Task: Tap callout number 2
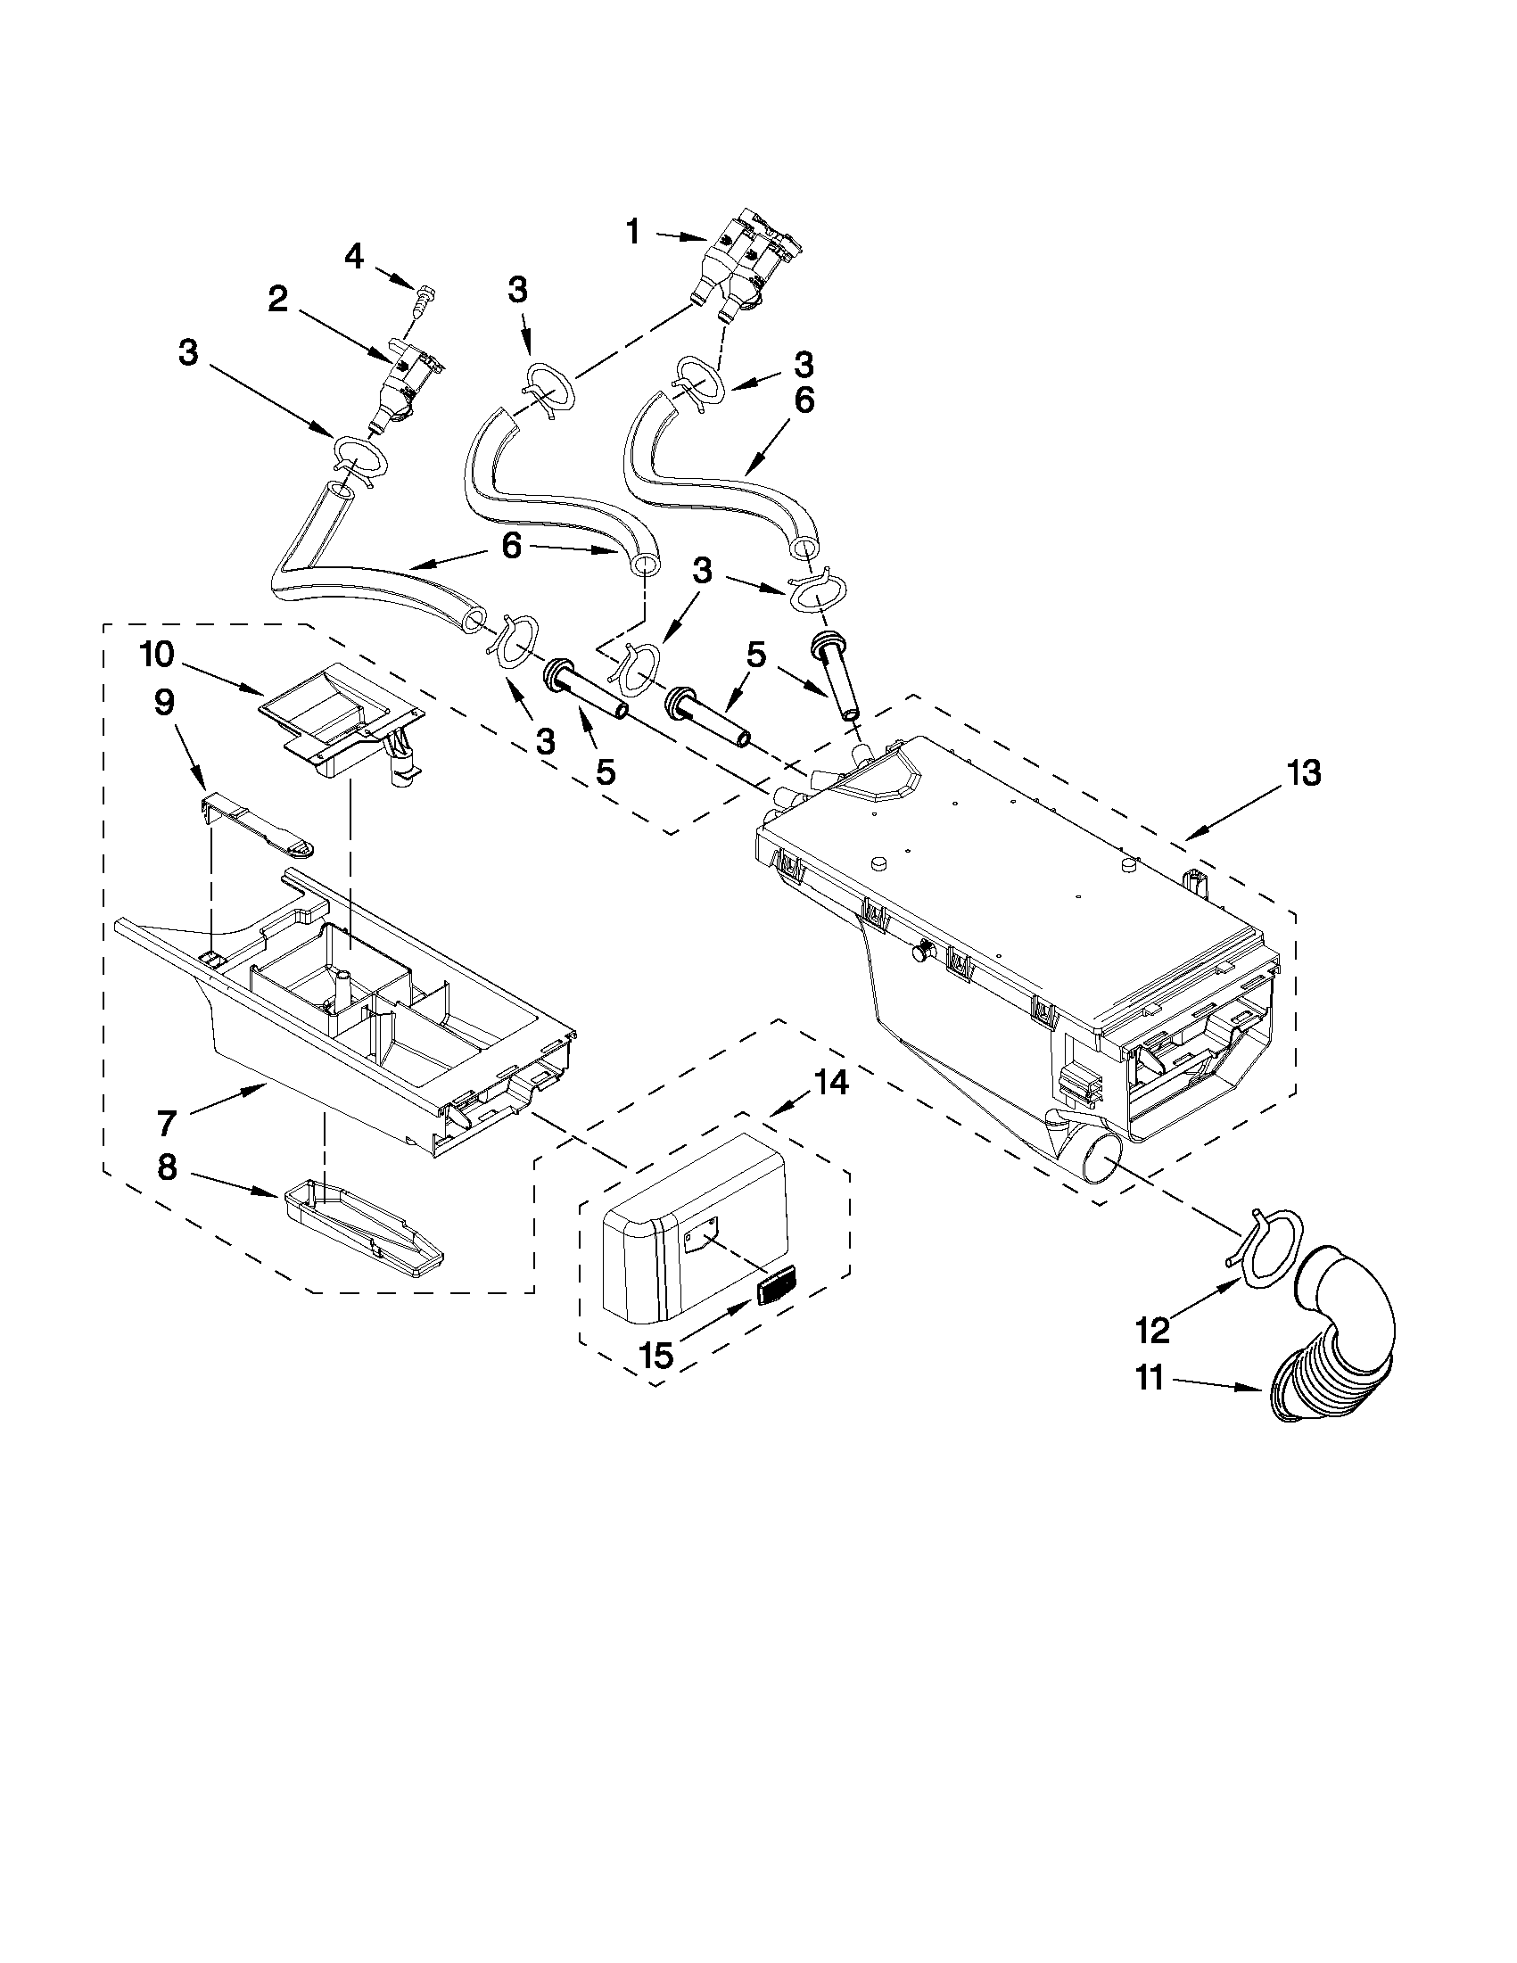pyautogui.click(x=278, y=301)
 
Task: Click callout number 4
pyautogui.click(x=354, y=257)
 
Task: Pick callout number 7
pyautogui.click(x=168, y=1123)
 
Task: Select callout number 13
pyautogui.click(x=1303, y=772)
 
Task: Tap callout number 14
pyautogui.click(x=831, y=1085)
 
